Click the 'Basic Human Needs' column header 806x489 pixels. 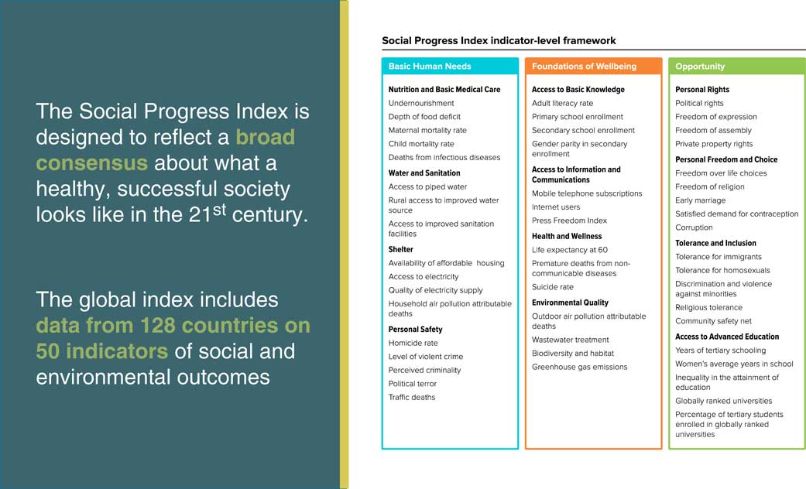(430, 67)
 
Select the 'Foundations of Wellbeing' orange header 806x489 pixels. (584, 67)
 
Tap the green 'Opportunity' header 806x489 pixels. (700, 67)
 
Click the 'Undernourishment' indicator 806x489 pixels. (421, 103)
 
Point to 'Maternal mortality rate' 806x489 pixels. (427, 131)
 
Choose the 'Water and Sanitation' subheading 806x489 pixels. (424, 173)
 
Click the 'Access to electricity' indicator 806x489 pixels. (424, 277)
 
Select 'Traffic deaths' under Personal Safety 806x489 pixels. (412, 397)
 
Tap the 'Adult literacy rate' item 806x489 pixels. (562, 103)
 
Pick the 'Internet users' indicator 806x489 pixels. (556, 207)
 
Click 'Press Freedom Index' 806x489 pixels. (569, 221)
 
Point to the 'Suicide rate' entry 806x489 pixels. (553, 287)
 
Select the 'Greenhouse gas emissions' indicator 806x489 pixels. (580, 367)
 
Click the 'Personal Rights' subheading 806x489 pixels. (702, 90)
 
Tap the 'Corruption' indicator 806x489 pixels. (694, 227)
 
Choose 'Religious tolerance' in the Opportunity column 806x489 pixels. (709, 308)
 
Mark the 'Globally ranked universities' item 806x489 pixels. (724, 401)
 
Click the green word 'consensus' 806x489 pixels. (92, 163)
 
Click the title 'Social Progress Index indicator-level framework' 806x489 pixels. (499, 40)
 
